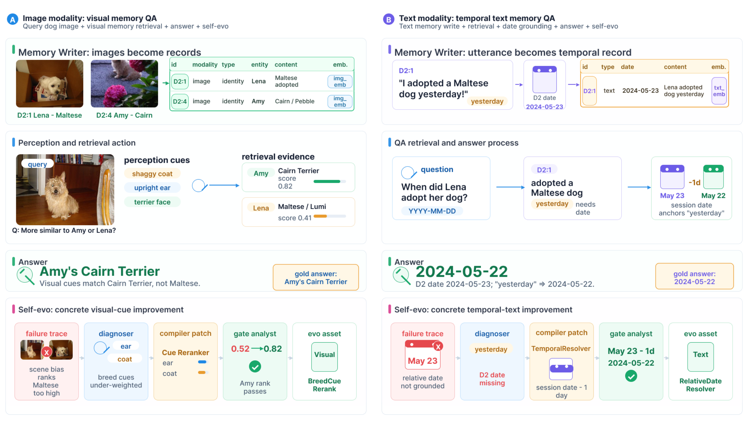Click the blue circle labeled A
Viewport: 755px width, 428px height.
click(12, 19)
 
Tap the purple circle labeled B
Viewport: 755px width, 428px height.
click(388, 19)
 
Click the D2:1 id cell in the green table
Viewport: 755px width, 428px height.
click(180, 81)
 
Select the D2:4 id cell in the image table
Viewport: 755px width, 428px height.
click(180, 101)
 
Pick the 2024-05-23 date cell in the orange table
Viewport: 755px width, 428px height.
click(640, 91)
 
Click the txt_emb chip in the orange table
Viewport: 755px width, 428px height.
click(719, 91)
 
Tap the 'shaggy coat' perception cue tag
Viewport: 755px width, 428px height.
click(152, 174)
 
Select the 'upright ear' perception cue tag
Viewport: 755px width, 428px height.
click(152, 188)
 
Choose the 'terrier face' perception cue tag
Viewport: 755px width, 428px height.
click(152, 202)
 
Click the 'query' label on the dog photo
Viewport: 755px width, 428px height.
click(37, 164)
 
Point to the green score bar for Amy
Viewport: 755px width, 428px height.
click(327, 181)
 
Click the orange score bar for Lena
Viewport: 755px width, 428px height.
click(320, 216)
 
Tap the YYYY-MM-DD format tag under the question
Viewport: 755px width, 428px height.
click(432, 211)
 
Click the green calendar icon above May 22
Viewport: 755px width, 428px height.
click(713, 177)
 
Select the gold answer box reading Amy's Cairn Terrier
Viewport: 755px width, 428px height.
click(316, 277)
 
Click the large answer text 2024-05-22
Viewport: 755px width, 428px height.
click(462, 271)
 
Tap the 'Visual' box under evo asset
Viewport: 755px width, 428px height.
click(324, 357)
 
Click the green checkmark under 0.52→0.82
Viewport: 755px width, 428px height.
click(255, 367)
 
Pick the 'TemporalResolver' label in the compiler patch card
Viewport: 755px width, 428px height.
click(561, 348)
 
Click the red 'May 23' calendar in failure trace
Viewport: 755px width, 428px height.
click(423, 355)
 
